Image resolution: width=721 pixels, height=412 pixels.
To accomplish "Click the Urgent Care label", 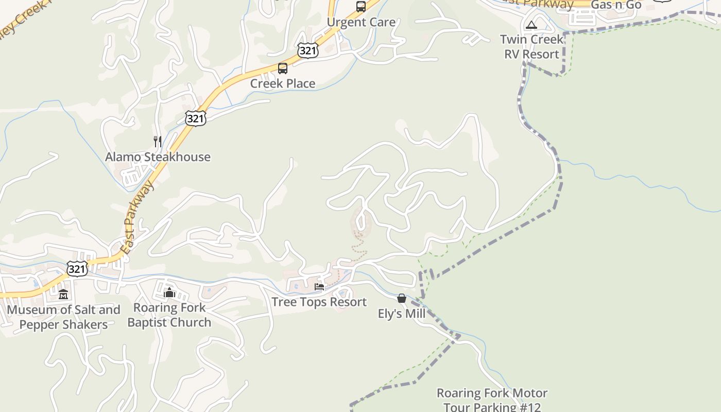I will pyautogui.click(x=361, y=22).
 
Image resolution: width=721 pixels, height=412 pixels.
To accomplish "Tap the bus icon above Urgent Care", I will pyautogui.click(x=361, y=7).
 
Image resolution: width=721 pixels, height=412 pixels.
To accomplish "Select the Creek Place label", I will pyautogui.click(x=283, y=83).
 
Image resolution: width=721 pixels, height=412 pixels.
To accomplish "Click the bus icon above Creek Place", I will pyautogui.click(x=283, y=68).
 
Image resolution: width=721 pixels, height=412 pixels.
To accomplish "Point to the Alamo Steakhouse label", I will pyautogui.click(x=158, y=157).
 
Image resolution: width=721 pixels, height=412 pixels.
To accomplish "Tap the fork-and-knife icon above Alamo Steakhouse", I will pyautogui.click(x=158, y=142).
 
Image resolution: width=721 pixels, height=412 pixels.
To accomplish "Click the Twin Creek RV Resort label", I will pyautogui.click(x=531, y=46).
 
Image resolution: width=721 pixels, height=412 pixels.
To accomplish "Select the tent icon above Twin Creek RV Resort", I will pyautogui.click(x=531, y=25).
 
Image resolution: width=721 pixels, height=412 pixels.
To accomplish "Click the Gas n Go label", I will pyautogui.click(x=616, y=5).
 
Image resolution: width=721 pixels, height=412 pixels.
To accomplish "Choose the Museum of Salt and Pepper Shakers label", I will pyautogui.click(x=63, y=317).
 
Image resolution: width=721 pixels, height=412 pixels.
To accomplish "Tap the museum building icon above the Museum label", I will pyautogui.click(x=63, y=295).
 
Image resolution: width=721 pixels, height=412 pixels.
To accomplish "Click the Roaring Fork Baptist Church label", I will pyautogui.click(x=169, y=315).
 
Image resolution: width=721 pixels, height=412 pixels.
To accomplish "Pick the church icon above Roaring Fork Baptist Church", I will pyautogui.click(x=169, y=293).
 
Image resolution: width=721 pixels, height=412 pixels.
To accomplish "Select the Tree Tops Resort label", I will pyautogui.click(x=319, y=302).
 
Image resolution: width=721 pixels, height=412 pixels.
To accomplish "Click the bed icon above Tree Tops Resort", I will pyautogui.click(x=319, y=287).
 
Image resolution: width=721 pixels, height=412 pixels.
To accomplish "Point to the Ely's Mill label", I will pyautogui.click(x=402, y=314).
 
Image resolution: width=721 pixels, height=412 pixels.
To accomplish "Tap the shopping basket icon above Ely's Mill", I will pyautogui.click(x=402, y=299).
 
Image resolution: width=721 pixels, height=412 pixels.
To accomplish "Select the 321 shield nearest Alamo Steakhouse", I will pyautogui.click(x=196, y=118).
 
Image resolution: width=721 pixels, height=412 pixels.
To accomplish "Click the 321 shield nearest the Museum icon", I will pyautogui.click(x=77, y=268).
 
